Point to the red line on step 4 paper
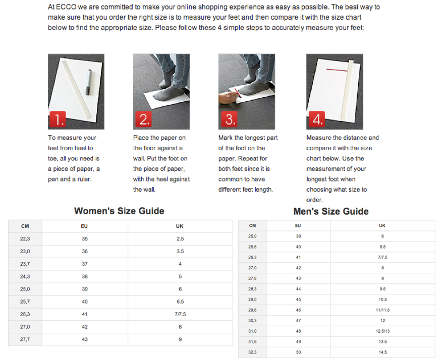click(337, 70)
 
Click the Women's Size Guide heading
click(119, 211)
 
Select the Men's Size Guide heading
click(331, 211)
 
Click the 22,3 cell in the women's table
click(25, 238)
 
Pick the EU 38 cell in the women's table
click(84, 276)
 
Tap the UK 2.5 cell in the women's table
click(180, 238)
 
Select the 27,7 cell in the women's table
click(25, 339)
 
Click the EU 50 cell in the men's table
click(298, 352)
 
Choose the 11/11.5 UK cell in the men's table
click(382, 310)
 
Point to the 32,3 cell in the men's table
click(253, 352)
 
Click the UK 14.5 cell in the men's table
click(382, 352)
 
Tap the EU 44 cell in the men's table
click(298, 289)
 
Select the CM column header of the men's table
click(253, 225)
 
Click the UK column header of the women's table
click(180, 226)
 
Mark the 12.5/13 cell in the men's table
click(382, 331)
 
